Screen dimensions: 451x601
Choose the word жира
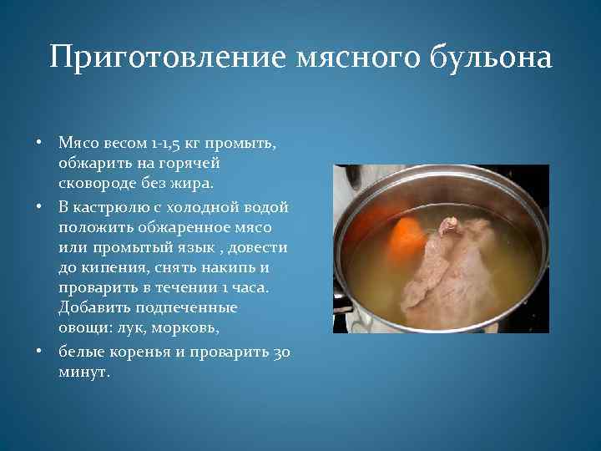[193, 183]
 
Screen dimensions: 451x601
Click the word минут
[83, 372]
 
